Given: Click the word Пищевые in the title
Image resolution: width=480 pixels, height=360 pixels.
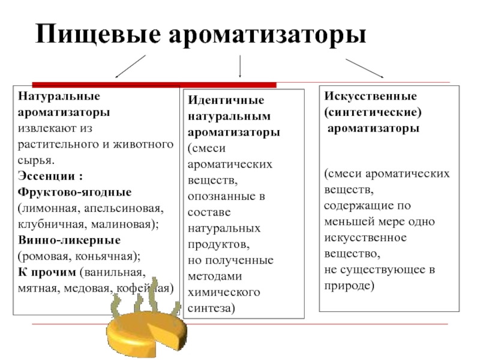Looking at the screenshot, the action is [x=97, y=34].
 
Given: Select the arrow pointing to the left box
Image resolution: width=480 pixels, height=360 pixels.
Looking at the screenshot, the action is [x=131, y=66].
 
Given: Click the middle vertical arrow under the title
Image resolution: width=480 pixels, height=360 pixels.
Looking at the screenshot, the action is [x=240, y=66].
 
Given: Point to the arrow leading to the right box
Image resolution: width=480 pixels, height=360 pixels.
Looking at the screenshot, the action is [x=364, y=68].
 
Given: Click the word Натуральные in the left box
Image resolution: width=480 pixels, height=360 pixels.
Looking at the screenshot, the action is [x=51, y=97].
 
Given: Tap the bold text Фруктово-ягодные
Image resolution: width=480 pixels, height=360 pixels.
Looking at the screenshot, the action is [x=75, y=192].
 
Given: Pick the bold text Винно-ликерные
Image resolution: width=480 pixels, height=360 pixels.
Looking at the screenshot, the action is [x=69, y=240].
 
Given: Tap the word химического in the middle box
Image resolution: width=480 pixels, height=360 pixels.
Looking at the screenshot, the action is [x=224, y=292].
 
